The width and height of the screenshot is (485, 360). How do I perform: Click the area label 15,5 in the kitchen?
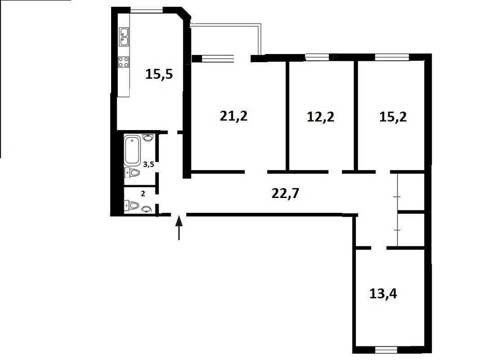tap(159, 75)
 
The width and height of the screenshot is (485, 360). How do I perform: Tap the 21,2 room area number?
tap(234, 116)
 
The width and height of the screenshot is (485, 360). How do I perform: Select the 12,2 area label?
tap(321, 117)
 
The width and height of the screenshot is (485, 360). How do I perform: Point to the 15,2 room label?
tap(393, 117)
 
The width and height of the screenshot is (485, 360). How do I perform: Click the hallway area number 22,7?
tap(285, 193)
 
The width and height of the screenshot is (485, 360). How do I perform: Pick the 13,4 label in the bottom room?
tap(383, 294)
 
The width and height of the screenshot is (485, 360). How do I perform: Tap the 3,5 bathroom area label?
tap(149, 164)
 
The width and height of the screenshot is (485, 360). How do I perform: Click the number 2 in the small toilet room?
tap(143, 194)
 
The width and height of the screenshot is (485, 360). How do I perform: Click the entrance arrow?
tap(179, 228)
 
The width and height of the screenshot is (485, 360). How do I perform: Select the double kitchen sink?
tap(124, 37)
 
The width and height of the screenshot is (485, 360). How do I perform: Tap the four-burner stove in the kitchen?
tap(124, 62)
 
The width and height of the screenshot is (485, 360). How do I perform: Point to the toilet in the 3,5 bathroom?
tap(133, 173)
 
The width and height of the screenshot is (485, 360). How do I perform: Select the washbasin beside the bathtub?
tap(149, 137)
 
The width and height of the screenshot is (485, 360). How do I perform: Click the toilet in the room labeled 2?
tap(132, 205)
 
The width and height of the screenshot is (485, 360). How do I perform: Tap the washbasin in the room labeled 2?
tap(147, 210)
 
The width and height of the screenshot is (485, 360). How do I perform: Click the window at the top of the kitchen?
tap(146, 9)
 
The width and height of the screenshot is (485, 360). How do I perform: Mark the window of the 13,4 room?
tap(386, 350)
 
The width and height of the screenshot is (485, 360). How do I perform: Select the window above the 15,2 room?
tap(392, 57)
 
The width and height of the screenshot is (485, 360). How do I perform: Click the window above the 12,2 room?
tap(317, 57)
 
